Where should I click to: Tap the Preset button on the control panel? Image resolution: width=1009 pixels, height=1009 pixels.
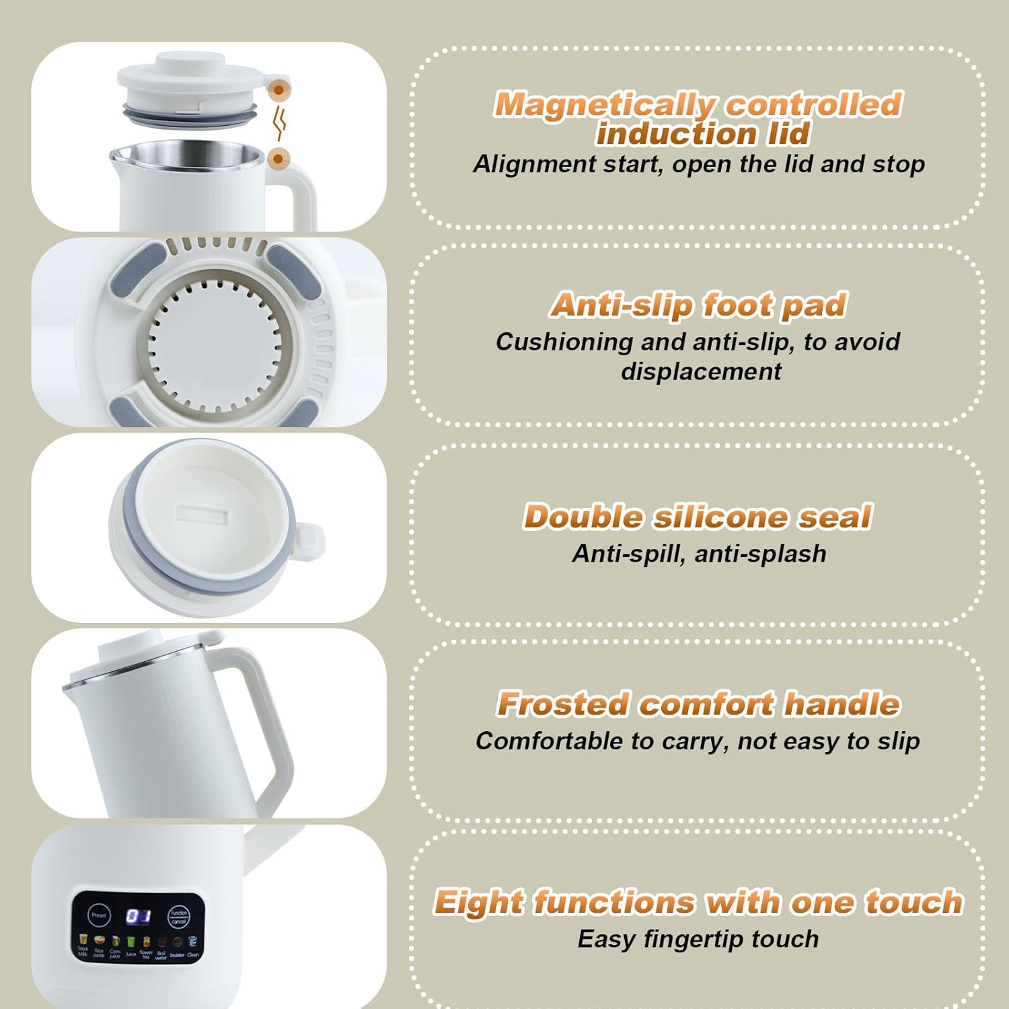pos(99,915)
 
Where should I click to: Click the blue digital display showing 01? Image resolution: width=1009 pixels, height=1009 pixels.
pos(139,916)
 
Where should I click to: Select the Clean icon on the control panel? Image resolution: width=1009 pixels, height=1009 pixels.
pos(193,943)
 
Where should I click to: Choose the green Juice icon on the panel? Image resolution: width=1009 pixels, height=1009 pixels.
pos(130,943)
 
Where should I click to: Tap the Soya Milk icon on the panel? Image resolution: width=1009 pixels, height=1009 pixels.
pos(83,940)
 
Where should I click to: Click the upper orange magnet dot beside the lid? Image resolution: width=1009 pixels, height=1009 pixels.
pos(278,89)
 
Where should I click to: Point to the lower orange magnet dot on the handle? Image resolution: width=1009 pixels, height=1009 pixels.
pos(278,159)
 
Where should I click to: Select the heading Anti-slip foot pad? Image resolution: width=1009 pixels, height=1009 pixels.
pos(698,305)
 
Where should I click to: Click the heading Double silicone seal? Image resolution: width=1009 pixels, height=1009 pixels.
pos(698,517)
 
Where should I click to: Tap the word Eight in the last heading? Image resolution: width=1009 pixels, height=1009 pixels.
pos(478,902)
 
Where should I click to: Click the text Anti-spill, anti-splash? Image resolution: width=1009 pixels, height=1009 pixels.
pos(699,554)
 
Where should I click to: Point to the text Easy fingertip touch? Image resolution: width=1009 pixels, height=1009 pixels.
pos(698,939)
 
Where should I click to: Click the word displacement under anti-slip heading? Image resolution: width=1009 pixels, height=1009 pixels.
pos(701,371)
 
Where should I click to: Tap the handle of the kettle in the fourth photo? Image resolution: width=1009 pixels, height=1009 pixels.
pos(269,726)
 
